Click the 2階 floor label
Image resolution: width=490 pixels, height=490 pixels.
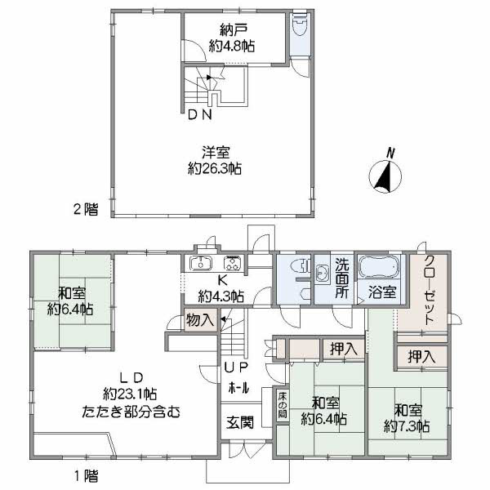point(85,209)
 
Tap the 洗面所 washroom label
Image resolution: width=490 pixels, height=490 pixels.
point(343,278)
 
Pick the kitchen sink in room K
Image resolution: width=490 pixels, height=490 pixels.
point(200,263)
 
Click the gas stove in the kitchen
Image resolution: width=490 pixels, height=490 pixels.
point(231,263)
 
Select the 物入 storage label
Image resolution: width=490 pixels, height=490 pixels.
point(200,320)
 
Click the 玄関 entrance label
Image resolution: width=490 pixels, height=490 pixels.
point(239,422)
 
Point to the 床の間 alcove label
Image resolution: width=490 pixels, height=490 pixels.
point(281,406)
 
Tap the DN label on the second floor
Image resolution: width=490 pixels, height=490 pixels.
point(200,115)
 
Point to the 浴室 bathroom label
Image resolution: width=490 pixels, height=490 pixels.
point(380,290)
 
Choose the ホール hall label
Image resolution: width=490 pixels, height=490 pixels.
point(238,386)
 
